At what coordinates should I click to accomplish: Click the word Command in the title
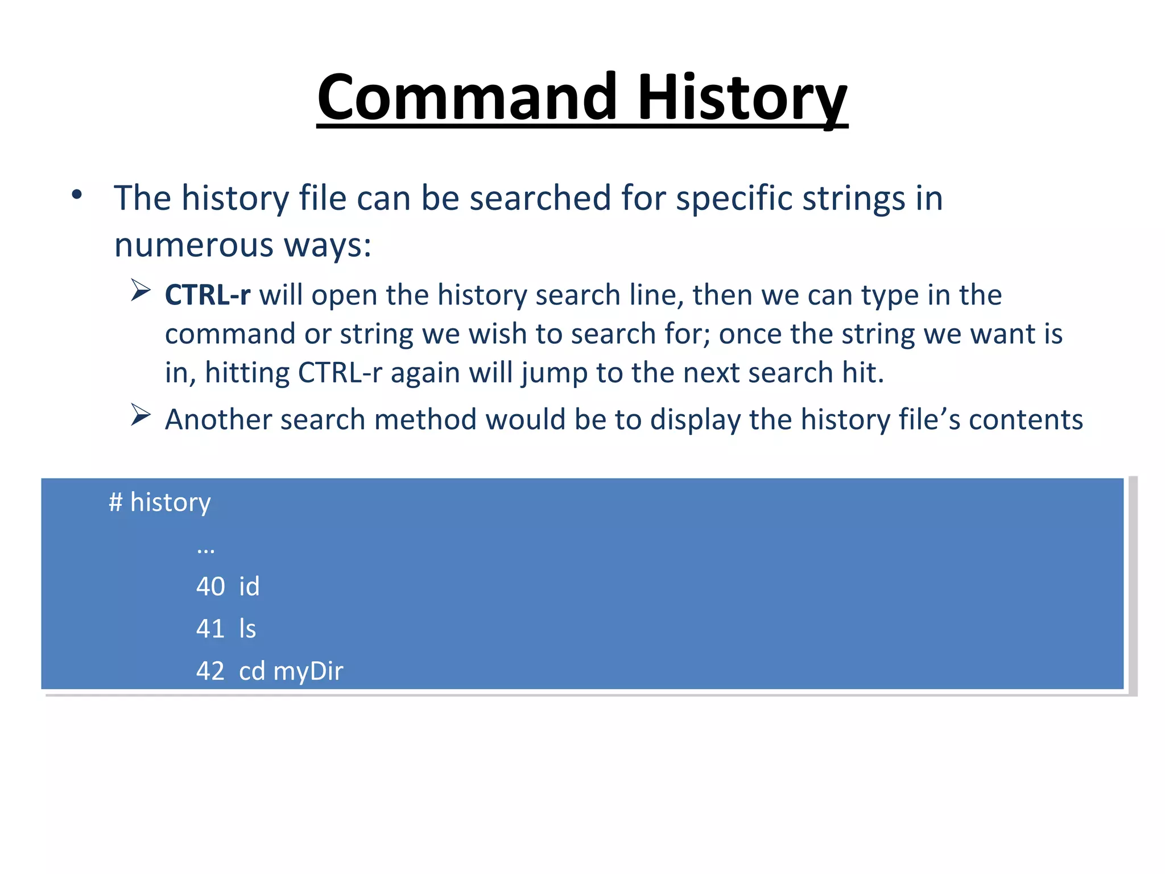click(466, 98)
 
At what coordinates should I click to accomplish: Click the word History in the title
click(742, 98)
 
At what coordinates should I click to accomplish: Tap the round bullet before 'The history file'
click(77, 195)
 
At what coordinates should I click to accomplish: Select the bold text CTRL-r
click(207, 295)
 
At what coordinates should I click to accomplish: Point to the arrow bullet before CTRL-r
click(140, 291)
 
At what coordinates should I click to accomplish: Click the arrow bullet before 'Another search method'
click(140, 415)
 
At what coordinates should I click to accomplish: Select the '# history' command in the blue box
click(160, 502)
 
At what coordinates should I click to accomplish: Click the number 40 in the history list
click(210, 587)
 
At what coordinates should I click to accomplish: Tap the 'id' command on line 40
click(249, 587)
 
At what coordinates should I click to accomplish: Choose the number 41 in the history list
click(210, 629)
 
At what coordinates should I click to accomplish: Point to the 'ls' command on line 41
click(247, 629)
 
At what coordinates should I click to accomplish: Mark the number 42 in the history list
click(210, 671)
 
